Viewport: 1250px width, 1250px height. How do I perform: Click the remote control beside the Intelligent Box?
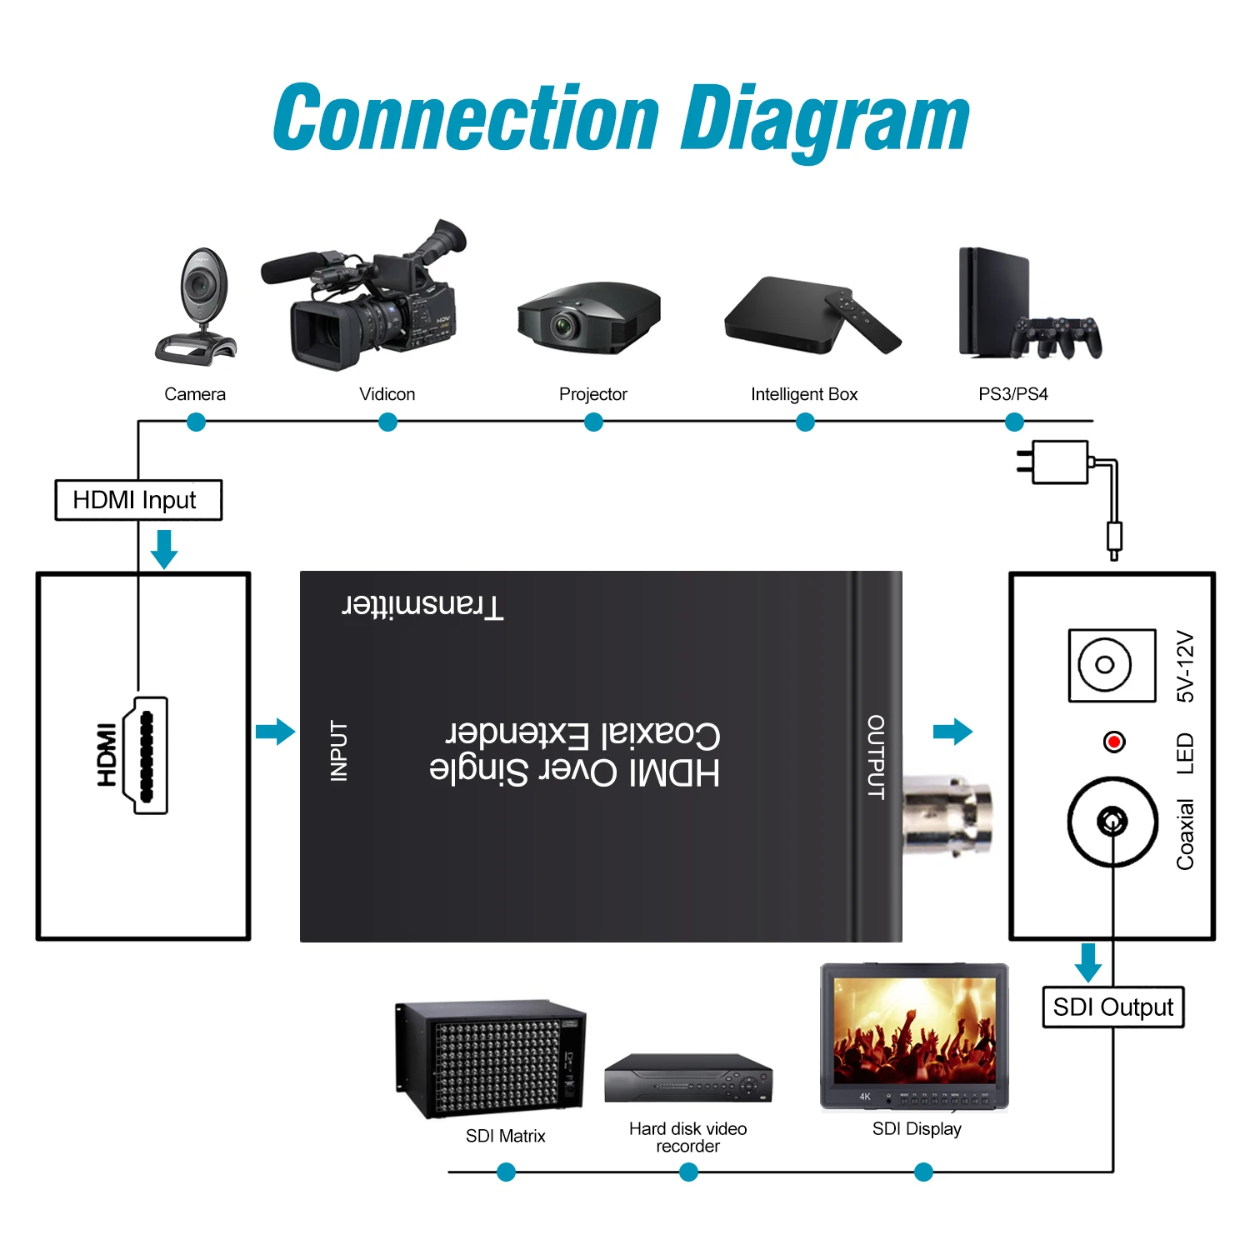pos(863,321)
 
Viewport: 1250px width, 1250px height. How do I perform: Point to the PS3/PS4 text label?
pos(1012,394)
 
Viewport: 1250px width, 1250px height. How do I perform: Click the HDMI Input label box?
pos(138,500)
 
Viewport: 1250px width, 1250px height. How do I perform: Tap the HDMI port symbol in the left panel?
pos(146,755)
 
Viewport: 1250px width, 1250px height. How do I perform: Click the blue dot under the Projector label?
pos(593,422)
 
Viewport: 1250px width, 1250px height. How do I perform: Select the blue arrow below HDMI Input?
pos(164,548)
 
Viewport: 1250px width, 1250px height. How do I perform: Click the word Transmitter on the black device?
pos(423,606)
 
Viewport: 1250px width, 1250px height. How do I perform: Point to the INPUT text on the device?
pos(339,751)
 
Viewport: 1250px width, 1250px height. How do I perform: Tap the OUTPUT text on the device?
pos(876,757)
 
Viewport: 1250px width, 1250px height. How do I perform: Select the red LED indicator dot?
pos(1113,741)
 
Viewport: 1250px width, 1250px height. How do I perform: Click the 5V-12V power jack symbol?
pos(1112,665)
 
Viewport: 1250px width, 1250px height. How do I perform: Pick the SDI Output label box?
pos(1112,1007)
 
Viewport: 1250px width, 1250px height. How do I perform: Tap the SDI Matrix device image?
pos(490,1058)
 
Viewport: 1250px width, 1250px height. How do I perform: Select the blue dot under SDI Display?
pos(923,1172)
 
